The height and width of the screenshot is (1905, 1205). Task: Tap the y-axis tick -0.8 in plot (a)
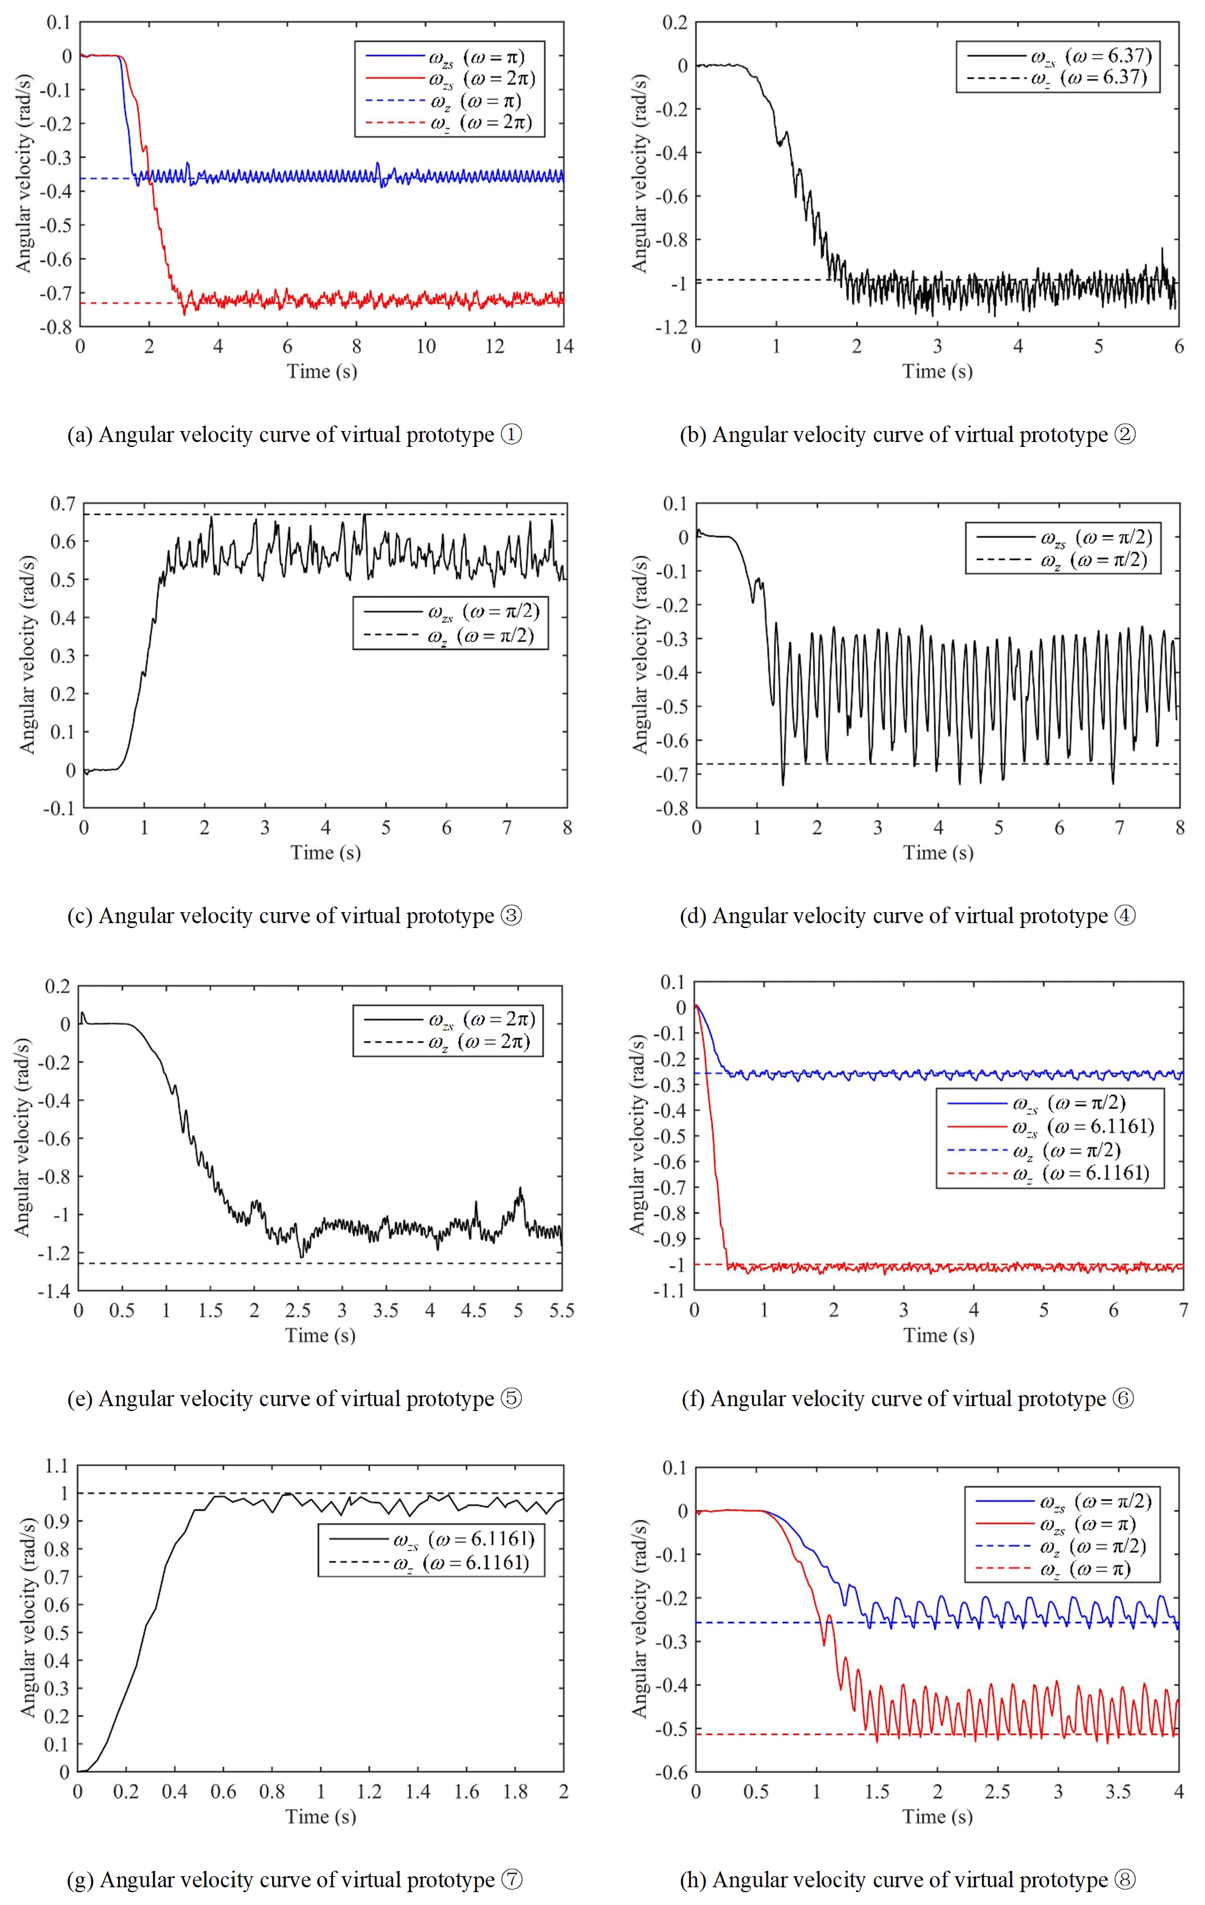pos(56,326)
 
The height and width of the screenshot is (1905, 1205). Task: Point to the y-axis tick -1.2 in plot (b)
pos(671,326)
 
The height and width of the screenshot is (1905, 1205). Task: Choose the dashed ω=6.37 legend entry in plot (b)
pos(1056,78)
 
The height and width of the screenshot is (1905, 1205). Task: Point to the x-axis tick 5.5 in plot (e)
pos(562,1310)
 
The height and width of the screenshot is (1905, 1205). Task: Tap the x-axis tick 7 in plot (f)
pos(1184,1310)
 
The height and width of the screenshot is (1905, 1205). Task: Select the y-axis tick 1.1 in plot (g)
pos(57,1466)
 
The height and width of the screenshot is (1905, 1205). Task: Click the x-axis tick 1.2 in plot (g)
pos(369,1792)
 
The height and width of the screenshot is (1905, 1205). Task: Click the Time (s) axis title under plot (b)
pos(938,371)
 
